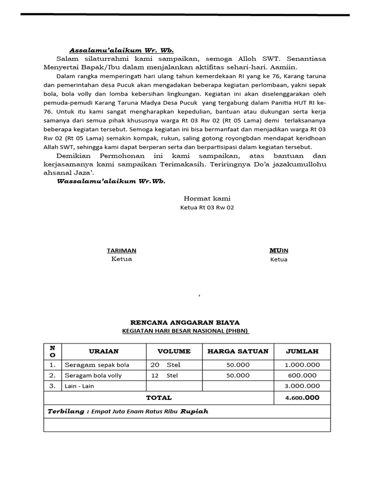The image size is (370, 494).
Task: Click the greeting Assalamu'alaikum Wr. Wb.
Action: pyautogui.click(x=121, y=50)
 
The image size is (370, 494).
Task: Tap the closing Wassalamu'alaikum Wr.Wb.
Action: pyautogui.click(x=111, y=181)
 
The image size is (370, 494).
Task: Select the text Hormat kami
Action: pyautogui.click(x=207, y=198)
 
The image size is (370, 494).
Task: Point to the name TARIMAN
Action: pyautogui.click(x=121, y=250)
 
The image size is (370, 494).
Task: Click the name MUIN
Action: pyautogui.click(x=278, y=250)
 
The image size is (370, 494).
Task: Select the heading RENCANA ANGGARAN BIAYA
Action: pyautogui.click(x=185, y=322)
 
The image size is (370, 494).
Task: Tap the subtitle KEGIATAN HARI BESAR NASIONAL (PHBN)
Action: pyautogui.click(x=185, y=330)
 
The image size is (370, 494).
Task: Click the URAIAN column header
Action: pyautogui.click(x=104, y=351)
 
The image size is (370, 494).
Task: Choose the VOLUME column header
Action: pyautogui.click(x=174, y=351)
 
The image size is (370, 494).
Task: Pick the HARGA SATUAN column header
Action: pyautogui.click(x=238, y=351)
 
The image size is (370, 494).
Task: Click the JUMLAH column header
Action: pyautogui.click(x=302, y=351)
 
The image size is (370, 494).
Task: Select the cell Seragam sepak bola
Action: pyautogui.click(x=97, y=365)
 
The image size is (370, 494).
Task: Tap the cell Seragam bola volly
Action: pyautogui.click(x=93, y=375)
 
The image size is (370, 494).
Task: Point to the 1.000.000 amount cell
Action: pyautogui.click(x=302, y=365)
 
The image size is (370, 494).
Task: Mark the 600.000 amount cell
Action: pyautogui.click(x=302, y=375)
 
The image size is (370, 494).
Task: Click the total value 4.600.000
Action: pyautogui.click(x=302, y=398)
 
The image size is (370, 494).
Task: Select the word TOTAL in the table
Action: pyautogui.click(x=159, y=398)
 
